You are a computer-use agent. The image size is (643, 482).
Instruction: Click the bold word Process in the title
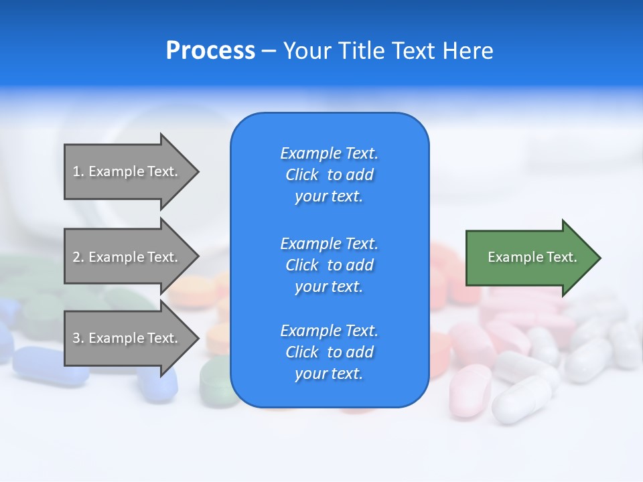210,51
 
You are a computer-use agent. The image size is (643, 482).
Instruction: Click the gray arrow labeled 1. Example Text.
127,171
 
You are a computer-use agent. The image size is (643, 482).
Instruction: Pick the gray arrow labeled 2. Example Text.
127,257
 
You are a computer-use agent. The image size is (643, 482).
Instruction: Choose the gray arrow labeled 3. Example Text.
127,338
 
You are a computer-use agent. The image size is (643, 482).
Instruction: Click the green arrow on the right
529,258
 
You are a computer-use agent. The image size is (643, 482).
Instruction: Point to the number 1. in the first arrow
78,171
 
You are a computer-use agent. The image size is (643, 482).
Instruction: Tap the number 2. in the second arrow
78,257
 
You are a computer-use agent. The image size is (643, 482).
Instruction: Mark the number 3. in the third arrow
78,338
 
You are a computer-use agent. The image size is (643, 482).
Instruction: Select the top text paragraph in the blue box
329,175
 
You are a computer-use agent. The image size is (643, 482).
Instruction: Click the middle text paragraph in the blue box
329,265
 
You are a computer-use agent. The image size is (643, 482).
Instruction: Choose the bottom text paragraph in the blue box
329,352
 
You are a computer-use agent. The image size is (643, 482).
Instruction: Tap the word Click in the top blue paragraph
302,175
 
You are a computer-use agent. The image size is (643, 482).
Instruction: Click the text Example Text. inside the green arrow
532,257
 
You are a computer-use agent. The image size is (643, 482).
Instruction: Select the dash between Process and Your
269,51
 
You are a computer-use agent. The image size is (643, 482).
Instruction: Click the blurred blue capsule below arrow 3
50,366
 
